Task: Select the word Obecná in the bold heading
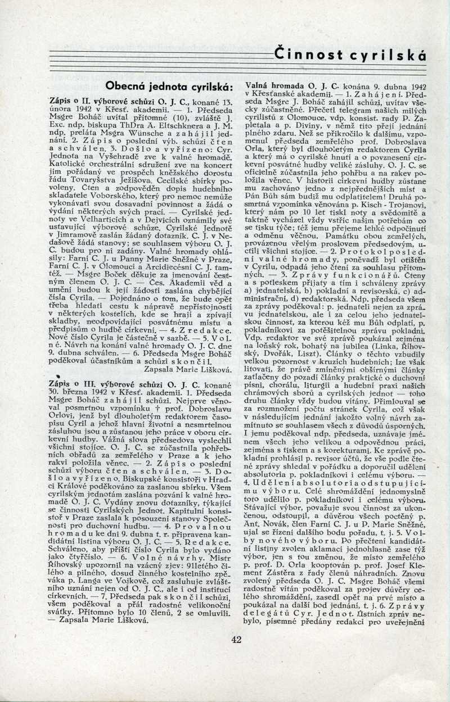tap(124, 87)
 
